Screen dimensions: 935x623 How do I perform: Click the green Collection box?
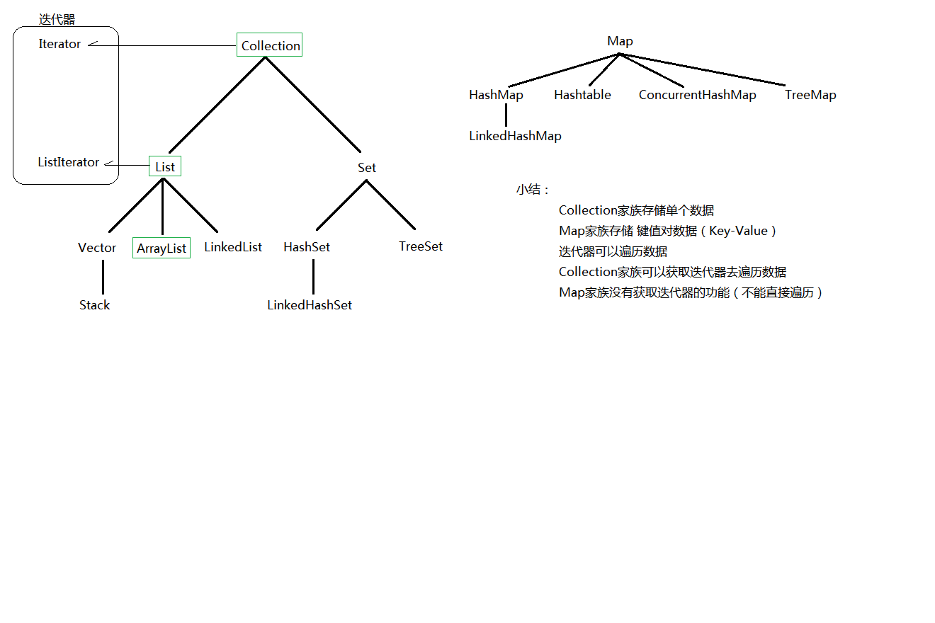click(270, 45)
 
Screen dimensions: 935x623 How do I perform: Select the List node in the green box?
click(165, 166)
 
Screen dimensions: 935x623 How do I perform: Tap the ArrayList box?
click(161, 248)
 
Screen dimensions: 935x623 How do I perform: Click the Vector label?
click(97, 248)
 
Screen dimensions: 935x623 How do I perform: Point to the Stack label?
click(94, 305)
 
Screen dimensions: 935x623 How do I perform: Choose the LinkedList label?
click(233, 247)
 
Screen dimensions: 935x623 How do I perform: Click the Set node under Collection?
click(367, 168)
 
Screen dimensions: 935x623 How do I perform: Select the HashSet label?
click(307, 247)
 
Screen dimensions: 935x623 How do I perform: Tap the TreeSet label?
click(421, 246)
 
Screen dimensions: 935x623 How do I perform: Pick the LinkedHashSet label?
click(310, 305)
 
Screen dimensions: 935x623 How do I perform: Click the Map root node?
click(620, 41)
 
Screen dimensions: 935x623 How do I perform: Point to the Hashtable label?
click(582, 95)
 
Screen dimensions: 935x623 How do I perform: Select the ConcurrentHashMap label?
click(697, 95)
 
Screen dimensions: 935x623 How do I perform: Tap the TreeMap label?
click(810, 95)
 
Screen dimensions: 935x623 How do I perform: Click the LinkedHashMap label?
click(515, 136)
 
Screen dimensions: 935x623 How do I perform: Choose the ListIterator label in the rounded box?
click(68, 162)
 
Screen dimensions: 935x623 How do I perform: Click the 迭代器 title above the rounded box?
click(57, 19)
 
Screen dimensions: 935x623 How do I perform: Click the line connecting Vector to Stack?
click(103, 277)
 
